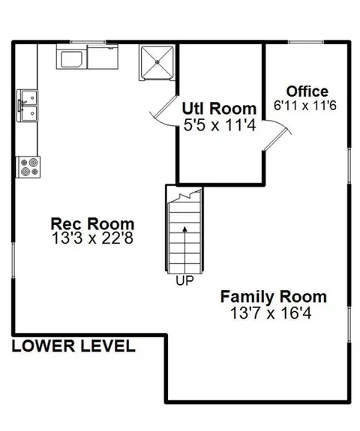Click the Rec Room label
pos(92,224)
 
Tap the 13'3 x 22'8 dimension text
pos(92,238)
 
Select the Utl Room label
pos(219,108)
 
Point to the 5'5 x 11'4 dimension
pos(220,125)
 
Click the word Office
pos(307,91)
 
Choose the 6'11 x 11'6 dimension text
pos(305,105)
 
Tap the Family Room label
pos(274,297)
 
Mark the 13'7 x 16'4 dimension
pos(271,313)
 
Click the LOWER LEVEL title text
pos(73,346)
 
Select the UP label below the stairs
pos(184,280)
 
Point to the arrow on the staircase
pos(184,250)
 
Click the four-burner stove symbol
pos(28,167)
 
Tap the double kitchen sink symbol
pos(27,106)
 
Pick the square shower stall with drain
pos(157,63)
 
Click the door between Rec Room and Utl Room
pos(163,111)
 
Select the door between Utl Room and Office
pos(277,136)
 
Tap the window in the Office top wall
pos(306,42)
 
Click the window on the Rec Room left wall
pos(13,260)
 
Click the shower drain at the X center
pos(157,62)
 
